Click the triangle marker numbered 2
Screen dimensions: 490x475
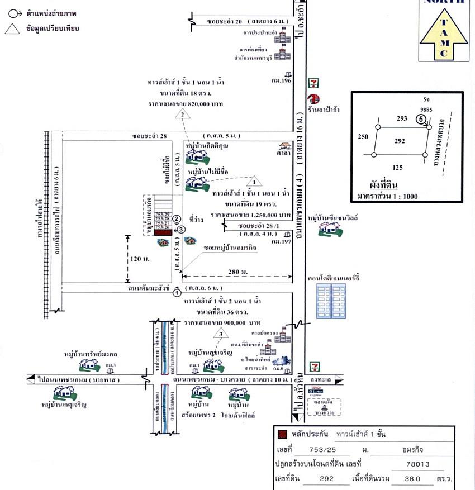[182, 114]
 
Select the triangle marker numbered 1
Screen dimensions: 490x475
[254, 181]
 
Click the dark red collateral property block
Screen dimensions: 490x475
[163, 232]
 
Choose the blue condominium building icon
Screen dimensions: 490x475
[331, 302]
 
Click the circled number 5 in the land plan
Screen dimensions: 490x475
[420, 118]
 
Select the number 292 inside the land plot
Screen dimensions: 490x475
[400, 141]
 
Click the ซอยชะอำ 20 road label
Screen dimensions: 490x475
[224, 22]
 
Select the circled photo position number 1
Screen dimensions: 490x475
[177, 292]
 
